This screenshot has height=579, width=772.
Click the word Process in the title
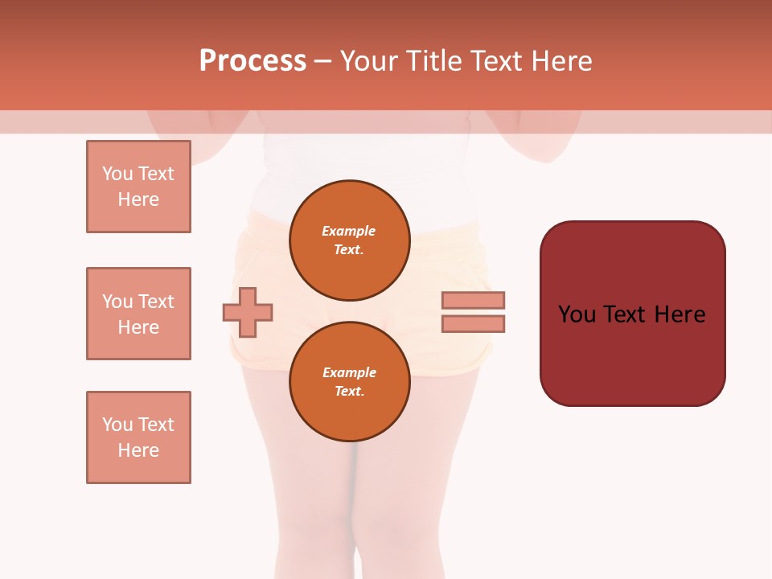tap(253, 61)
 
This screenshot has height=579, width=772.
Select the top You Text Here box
tap(138, 187)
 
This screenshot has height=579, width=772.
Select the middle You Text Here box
tap(138, 314)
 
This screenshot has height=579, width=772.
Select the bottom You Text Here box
tap(138, 437)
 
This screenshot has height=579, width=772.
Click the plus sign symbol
tap(248, 312)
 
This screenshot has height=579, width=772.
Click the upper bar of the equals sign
tap(473, 300)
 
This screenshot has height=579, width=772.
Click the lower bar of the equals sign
tap(473, 324)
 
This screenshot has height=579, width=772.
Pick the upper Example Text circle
tap(349, 240)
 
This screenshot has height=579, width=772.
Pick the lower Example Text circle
tap(349, 381)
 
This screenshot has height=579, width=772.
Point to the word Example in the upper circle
tap(349, 231)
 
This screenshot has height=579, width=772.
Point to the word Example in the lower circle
tap(349, 372)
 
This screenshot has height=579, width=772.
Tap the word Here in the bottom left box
tap(138, 450)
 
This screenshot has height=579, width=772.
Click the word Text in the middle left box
tap(156, 302)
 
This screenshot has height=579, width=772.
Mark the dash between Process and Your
tap(323, 61)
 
